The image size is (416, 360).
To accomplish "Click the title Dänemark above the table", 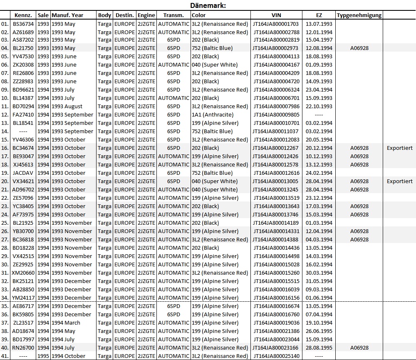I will tap(208, 6).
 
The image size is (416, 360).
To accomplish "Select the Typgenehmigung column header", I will tap(359, 15).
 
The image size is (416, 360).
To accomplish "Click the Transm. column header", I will tap(173, 15).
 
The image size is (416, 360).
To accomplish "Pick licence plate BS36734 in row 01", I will tap(23, 24).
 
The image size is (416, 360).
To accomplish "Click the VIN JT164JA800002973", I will tap(276, 48).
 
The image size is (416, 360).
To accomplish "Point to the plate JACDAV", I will tap(23, 173).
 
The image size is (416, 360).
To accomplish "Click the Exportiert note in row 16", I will tap(399, 148).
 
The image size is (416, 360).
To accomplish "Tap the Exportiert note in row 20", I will tap(399, 181).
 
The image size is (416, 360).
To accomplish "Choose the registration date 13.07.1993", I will tap(319, 24).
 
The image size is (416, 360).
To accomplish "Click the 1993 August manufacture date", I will tap(67, 107).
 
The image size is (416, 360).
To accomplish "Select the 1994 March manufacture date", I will tap(66, 323).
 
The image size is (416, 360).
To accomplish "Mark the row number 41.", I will tap(5, 356).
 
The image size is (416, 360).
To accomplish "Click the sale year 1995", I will tap(43, 356).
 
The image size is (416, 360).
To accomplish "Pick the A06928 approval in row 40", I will tap(359, 348).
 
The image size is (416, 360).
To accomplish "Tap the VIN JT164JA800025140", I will tap(276, 356).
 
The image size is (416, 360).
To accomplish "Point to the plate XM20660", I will tap(23, 273).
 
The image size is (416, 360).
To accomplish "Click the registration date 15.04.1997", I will tap(319, 40).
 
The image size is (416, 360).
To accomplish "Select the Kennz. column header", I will tap(23, 15).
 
